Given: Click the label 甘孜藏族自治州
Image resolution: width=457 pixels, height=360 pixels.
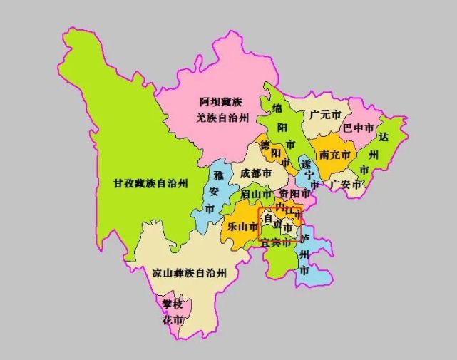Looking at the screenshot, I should tap(150, 183).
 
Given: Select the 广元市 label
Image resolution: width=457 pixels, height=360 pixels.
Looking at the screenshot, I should tap(325, 115).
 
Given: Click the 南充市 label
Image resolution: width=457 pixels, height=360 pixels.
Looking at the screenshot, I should tap(334, 155).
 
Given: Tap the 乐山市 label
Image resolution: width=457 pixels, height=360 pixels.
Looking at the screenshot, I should tap(241, 227).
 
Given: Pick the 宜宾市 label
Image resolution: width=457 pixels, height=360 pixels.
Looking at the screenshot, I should tap(275, 243).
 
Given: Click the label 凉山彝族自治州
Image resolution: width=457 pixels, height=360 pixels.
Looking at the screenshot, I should tap(190, 273).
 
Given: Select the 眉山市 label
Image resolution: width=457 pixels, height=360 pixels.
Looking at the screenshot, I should tap(255, 194).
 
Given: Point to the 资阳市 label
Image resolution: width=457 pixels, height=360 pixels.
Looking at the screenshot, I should tap(293, 194).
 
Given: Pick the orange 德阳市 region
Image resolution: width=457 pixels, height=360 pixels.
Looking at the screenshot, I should tap(267, 152).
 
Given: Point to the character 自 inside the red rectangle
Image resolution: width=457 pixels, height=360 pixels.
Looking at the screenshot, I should tap(269, 218).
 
